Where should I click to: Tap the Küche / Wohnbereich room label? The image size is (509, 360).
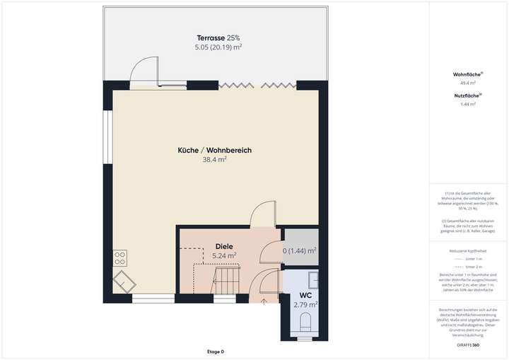(215, 150)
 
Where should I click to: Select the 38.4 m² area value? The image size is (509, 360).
(215, 160)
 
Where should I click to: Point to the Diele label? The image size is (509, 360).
(224, 246)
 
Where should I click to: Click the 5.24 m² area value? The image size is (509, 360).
(224, 255)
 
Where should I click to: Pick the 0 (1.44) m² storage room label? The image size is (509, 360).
(300, 250)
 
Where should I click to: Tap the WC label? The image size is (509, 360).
(305, 295)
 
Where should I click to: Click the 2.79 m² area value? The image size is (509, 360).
(305, 304)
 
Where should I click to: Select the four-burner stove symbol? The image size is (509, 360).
(119, 256)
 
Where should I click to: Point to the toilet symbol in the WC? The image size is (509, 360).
(306, 323)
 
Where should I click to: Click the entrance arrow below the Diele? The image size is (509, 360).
(264, 302)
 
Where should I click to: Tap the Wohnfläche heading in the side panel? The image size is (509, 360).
(467, 74)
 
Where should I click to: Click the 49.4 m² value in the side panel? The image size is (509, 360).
(467, 83)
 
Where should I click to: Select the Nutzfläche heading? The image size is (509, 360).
(467, 95)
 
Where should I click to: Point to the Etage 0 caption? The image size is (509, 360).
(215, 352)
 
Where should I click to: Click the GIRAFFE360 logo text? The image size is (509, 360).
(467, 344)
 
